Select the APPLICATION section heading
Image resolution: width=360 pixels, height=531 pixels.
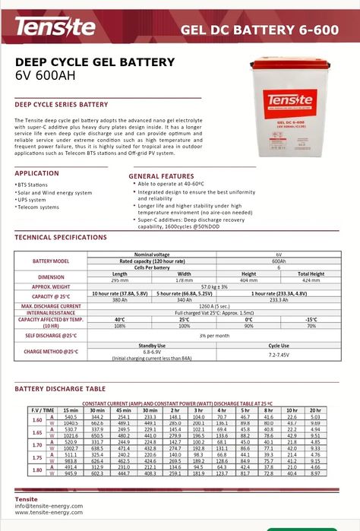36,173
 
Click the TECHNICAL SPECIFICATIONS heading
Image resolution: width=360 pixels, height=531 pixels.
61,238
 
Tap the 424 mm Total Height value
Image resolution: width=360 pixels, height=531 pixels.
310,280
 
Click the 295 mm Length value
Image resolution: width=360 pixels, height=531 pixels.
120,280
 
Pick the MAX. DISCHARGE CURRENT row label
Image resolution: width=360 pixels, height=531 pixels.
51,305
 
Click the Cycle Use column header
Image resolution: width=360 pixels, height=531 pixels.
279,346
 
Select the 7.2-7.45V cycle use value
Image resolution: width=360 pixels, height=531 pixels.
279,354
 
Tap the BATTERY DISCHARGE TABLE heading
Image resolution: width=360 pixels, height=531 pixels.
61,389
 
